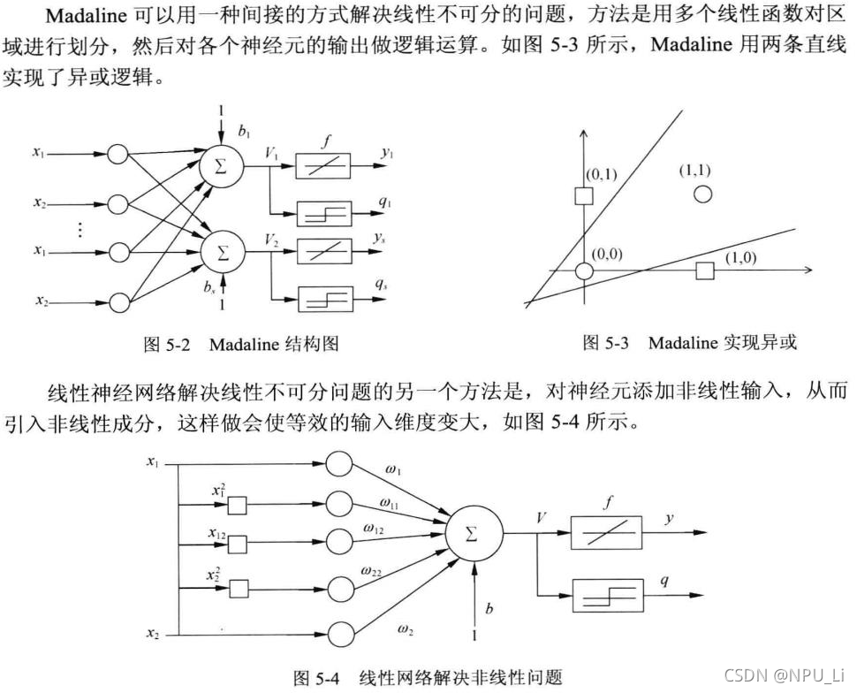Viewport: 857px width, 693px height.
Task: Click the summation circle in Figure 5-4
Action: [x=474, y=535]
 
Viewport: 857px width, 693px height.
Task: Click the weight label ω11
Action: [x=391, y=502]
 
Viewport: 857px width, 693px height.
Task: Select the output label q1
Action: [x=385, y=202]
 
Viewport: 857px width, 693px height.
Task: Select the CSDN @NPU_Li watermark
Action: [x=785, y=674]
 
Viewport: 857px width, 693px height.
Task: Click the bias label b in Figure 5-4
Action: [x=489, y=608]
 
